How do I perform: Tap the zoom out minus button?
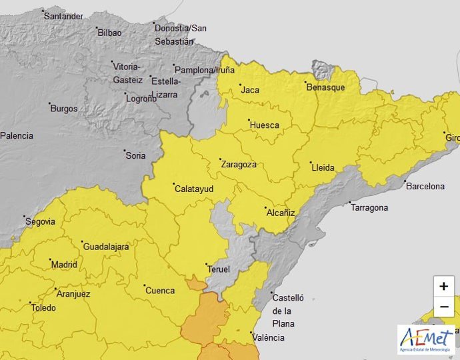point(443,307)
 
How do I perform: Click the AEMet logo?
point(427,339)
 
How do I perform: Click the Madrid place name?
point(65,264)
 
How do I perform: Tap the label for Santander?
point(63,16)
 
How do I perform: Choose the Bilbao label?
point(109,33)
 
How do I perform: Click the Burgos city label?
point(64,109)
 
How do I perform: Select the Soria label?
point(135,156)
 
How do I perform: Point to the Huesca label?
point(264,125)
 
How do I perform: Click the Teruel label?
point(219,269)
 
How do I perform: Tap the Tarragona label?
point(369,208)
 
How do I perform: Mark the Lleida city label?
point(323,167)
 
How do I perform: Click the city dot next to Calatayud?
point(172,184)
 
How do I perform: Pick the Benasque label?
point(325,87)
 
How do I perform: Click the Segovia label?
point(41,222)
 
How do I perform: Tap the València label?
point(269,337)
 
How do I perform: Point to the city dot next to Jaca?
point(240,85)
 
